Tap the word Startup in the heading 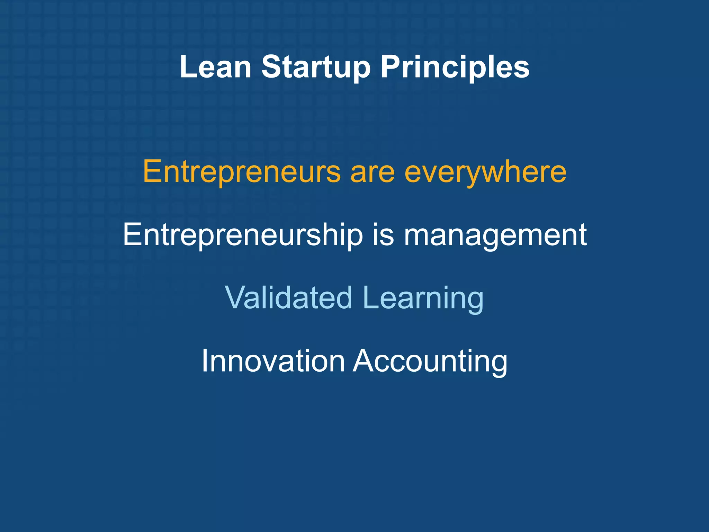[316, 68]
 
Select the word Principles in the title [455, 68]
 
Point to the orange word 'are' [373, 172]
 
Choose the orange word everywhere [485, 172]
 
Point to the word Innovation [273, 361]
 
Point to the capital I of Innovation [205, 361]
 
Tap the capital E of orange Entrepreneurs [152, 171]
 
